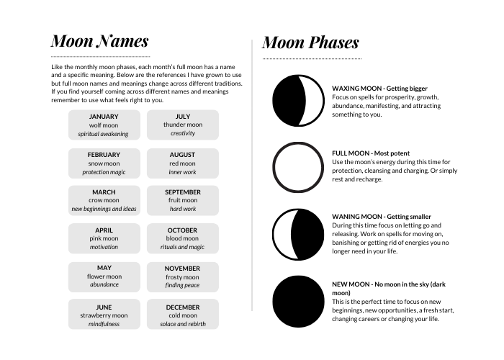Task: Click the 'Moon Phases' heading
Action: tap(310, 42)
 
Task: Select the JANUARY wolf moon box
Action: tap(104, 125)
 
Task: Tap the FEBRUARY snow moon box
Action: tap(104, 163)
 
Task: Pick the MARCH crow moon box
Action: tap(104, 200)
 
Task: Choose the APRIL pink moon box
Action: tap(104, 238)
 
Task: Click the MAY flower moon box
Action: tap(104, 276)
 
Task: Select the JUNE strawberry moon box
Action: tap(104, 315)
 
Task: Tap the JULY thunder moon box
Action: tap(183, 125)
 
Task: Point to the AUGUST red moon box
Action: tap(183, 163)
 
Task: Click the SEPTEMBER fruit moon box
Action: tap(183, 200)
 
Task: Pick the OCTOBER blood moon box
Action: tap(183, 238)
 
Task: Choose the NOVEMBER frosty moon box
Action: tap(183, 276)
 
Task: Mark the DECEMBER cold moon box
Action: tap(183, 315)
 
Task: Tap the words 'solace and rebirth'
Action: tap(183, 324)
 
